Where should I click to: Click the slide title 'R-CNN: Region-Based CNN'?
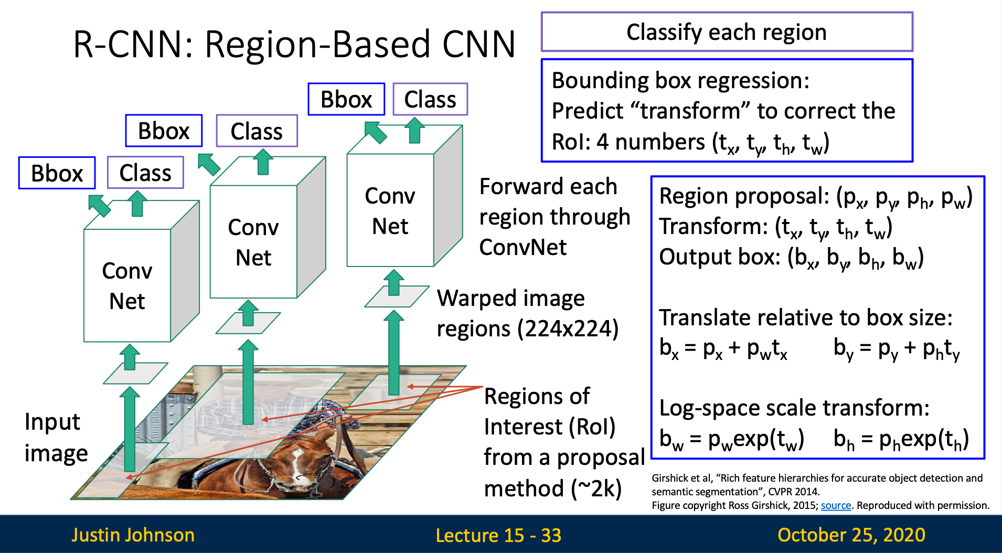point(294,44)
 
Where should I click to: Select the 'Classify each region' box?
point(727,32)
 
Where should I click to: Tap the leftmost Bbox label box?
point(57,173)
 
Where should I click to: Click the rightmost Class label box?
point(430,99)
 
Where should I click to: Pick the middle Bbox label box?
point(164,131)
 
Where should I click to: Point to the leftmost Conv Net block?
point(127,286)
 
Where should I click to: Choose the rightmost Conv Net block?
point(390,211)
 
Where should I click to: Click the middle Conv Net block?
point(253,242)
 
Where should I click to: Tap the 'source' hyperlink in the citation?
point(836,505)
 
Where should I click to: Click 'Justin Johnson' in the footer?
point(133,535)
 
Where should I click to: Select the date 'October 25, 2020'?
point(851,535)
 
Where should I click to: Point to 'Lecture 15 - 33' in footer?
point(498,535)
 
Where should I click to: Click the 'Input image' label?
point(55,438)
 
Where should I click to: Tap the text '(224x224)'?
point(568,329)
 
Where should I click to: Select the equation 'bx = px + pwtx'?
point(723,348)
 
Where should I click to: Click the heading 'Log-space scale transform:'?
point(794,408)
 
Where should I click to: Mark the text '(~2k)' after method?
point(596,488)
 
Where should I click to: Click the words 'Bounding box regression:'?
point(680,81)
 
